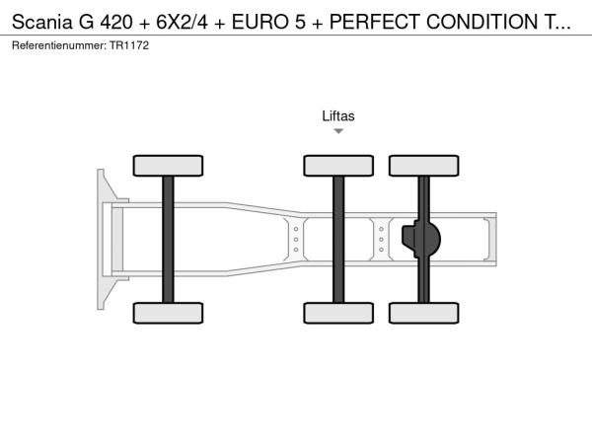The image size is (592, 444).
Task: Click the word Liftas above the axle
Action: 338,115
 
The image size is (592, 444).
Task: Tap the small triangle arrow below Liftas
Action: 338,131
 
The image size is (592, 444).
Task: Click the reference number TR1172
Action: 129,45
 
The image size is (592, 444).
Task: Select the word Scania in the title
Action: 41,22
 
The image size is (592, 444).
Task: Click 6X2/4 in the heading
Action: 182,22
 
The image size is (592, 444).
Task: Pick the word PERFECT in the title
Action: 375,22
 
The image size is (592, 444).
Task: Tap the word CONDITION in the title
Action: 481,22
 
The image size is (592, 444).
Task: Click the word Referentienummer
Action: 59,45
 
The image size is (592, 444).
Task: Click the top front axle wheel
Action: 168,166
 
